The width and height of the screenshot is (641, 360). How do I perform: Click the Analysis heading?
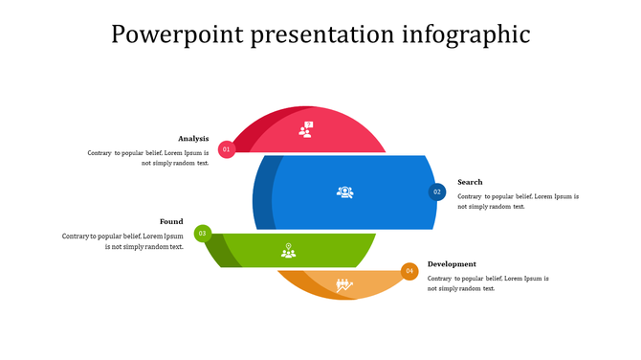tap(193, 139)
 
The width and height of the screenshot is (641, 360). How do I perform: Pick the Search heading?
tap(470, 182)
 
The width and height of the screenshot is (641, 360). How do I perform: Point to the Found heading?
tap(171, 221)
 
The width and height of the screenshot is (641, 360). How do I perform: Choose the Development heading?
tap(452, 264)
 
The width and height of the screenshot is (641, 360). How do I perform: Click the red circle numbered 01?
tap(227, 149)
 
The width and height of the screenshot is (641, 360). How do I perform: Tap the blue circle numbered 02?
tap(437, 191)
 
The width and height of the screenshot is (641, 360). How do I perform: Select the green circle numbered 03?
tap(202, 233)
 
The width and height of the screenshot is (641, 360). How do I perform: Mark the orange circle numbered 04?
tap(409, 271)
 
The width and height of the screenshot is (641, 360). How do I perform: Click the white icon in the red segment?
tap(305, 129)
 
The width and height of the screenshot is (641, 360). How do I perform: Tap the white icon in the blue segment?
tap(344, 192)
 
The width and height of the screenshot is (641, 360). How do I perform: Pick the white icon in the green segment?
tap(288, 251)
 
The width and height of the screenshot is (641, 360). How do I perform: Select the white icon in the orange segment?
tap(344, 284)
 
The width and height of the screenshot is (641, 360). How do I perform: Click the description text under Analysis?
tap(148, 158)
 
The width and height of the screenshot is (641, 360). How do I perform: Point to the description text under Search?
tap(518, 201)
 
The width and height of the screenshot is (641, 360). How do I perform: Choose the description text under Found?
tap(122, 241)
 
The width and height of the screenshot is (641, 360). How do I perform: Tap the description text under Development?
tap(488, 283)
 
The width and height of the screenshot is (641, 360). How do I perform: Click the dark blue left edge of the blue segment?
tap(263, 192)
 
